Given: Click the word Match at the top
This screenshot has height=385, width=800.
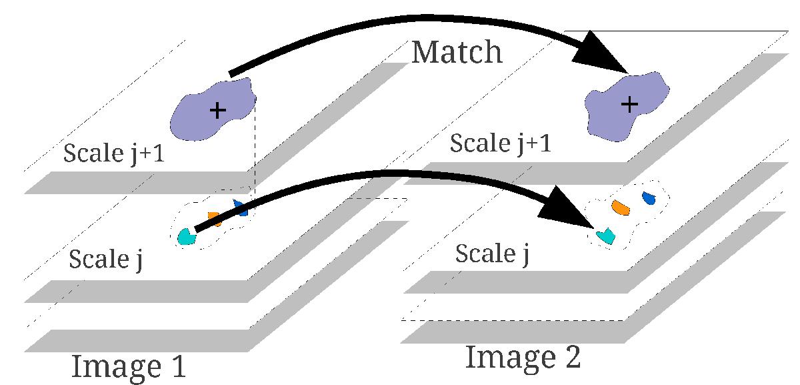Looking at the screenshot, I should (x=457, y=52).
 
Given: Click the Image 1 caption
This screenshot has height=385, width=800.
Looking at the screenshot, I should (x=128, y=366).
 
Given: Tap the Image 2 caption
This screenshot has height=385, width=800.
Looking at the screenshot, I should (x=523, y=357).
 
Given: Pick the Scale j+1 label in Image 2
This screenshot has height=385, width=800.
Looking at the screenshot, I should (x=501, y=143).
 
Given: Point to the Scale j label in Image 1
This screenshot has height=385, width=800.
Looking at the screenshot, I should (x=107, y=258).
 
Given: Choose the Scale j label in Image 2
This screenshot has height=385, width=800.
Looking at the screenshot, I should (x=492, y=254).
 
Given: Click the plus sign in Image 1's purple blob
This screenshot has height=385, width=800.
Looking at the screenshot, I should (x=217, y=110).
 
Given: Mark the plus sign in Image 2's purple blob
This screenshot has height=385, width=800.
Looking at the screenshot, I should (x=629, y=103).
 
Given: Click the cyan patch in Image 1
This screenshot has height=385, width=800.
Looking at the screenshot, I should (x=186, y=237).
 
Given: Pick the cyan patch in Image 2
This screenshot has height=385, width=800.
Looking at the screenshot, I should (x=606, y=235).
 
